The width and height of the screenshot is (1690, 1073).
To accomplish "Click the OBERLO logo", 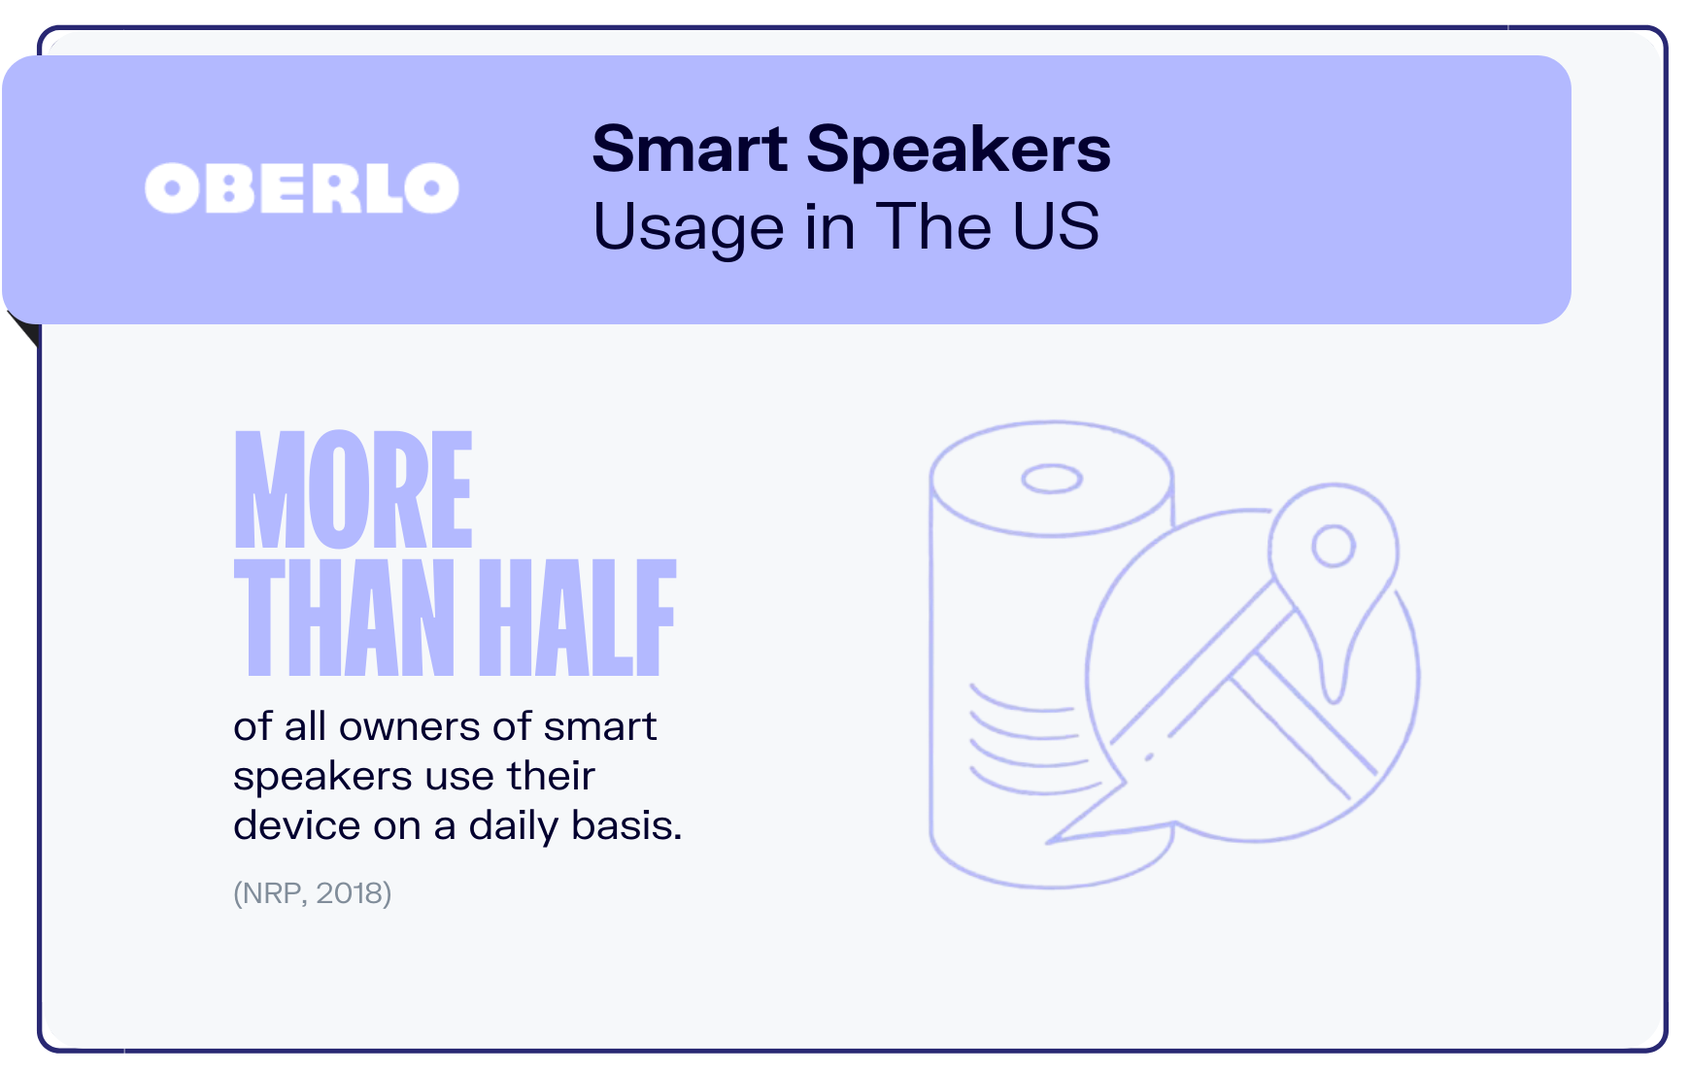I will pos(301,188).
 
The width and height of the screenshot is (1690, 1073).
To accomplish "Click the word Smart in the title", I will pos(690,150).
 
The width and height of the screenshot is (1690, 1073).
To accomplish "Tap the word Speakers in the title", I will pos(958,150).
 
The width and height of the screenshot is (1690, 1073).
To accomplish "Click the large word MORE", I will pos(354,490).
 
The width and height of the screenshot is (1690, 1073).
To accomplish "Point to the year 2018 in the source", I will pos(350,893).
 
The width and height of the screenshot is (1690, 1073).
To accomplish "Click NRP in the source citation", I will pos(272,893).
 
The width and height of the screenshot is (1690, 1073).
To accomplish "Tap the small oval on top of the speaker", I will pos(1051,479).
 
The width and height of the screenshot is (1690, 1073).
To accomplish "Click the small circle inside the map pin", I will pos(1334,546).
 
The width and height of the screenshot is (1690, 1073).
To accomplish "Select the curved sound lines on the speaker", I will pos(1020,738).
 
